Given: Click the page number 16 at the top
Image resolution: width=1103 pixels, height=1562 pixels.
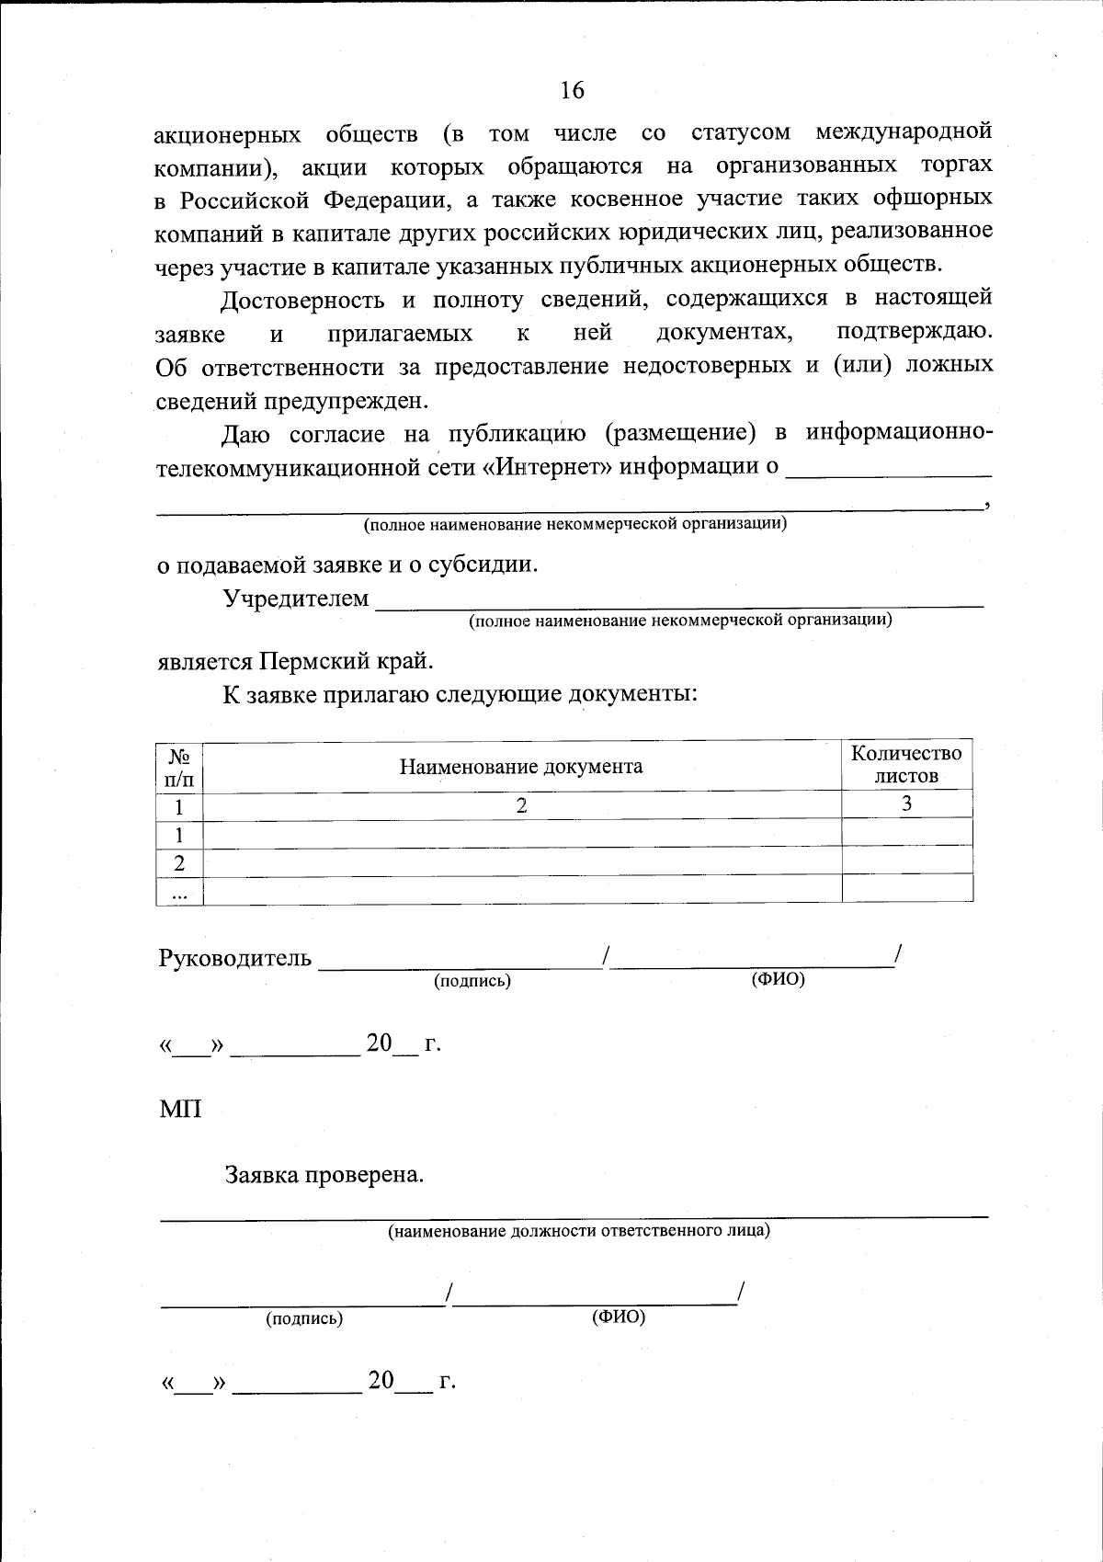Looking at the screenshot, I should pyautogui.click(x=571, y=90).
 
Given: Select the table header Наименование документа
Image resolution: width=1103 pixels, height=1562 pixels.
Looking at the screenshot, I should pyautogui.click(x=520, y=767).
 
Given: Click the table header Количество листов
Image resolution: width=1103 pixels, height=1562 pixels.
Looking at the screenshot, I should pyautogui.click(x=906, y=765).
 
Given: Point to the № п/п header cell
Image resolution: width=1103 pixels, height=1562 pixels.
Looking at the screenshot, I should pyautogui.click(x=180, y=767).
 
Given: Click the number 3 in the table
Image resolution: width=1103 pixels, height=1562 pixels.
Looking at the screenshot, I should pyautogui.click(x=906, y=804).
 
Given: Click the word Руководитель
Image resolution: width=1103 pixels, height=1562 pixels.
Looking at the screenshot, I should pyautogui.click(x=235, y=959).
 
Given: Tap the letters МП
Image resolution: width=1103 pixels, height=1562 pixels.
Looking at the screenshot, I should pyautogui.click(x=180, y=1110).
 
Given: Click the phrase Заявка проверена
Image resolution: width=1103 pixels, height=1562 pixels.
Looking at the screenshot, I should pyautogui.click(x=324, y=1176).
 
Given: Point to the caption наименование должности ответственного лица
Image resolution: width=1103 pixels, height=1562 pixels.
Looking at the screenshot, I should pyautogui.click(x=578, y=1231).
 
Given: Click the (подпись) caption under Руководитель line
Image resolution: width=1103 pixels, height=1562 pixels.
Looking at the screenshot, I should pyautogui.click(x=472, y=981).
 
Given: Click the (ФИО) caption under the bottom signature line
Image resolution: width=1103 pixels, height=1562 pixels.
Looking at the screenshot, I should pyautogui.click(x=618, y=1317).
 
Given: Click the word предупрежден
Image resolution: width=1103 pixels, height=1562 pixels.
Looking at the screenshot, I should pyautogui.click(x=346, y=401).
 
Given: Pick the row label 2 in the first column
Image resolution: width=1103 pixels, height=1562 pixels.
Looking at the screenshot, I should pyautogui.click(x=180, y=863).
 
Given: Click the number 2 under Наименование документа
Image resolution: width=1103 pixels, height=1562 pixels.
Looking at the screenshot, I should pyautogui.click(x=521, y=805).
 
